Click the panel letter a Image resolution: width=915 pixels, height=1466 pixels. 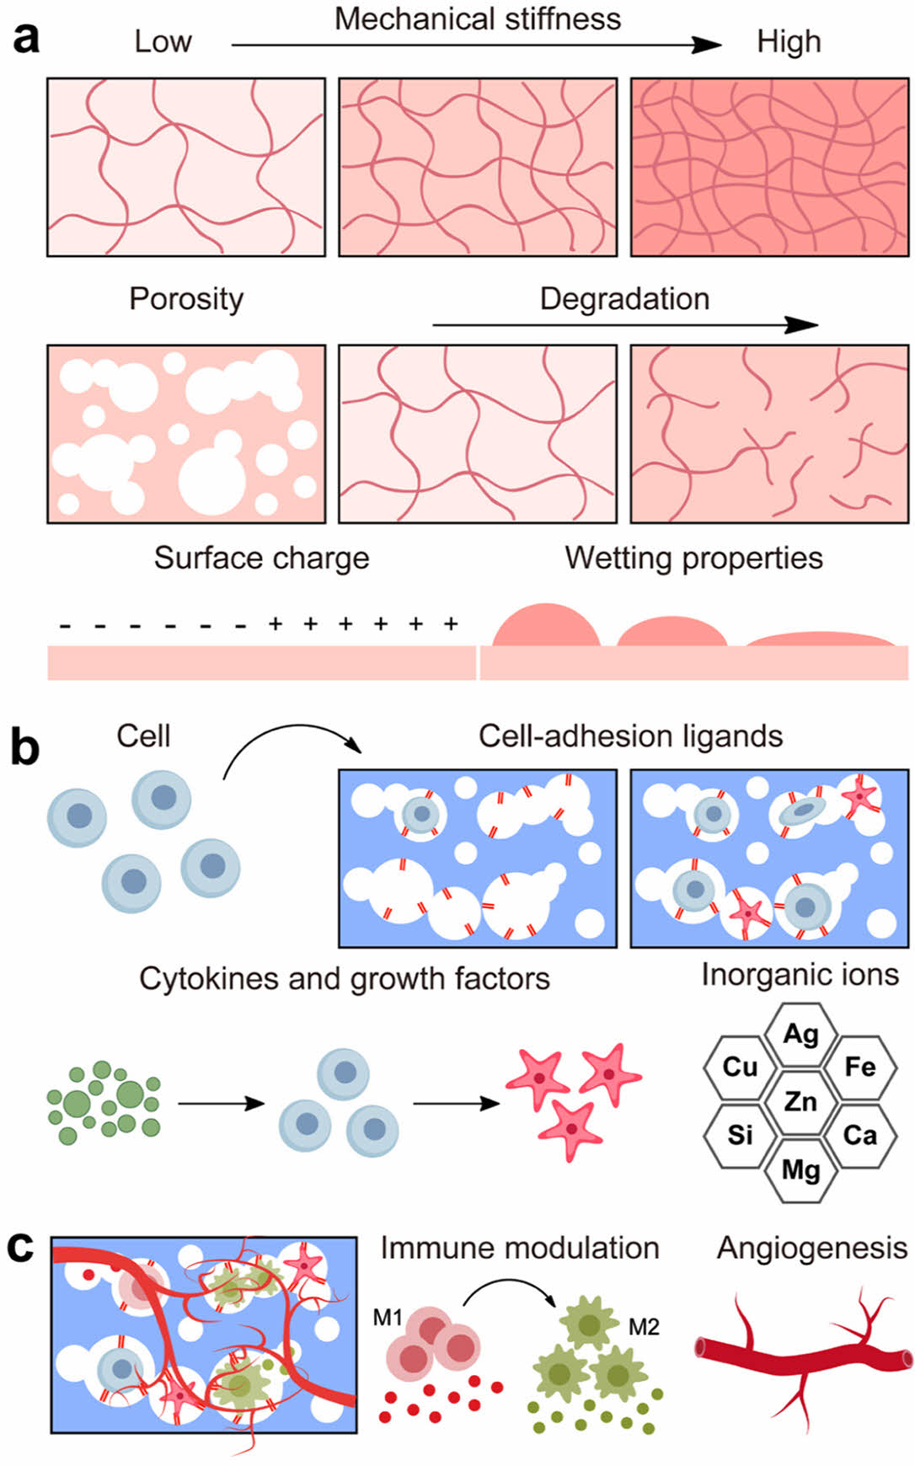[x=26, y=39]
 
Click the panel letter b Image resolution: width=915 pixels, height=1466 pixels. [x=25, y=746]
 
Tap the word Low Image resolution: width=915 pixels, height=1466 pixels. [x=163, y=42]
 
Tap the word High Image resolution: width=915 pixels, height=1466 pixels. [x=788, y=42]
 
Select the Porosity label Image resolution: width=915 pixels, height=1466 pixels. [x=186, y=299]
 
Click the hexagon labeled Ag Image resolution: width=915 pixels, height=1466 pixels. [x=800, y=1033]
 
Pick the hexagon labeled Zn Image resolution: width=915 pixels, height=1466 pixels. [x=800, y=1100]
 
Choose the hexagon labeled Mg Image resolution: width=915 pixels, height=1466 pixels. [x=800, y=1169]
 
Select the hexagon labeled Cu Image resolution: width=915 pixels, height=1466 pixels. [x=740, y=1067]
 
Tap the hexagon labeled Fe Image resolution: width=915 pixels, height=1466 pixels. [x=860, y=1067]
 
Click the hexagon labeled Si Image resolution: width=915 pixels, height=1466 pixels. [x=740, y=1135]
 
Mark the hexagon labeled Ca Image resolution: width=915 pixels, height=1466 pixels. [x=860, y=1135]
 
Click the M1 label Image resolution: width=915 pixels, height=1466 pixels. [x=388, y=1317]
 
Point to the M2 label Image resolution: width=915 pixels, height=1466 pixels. [x=644, y=1327]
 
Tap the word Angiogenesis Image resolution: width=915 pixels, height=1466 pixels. [x=812, y=1249]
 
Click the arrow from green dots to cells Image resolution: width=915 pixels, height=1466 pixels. [x=221, y=1103]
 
